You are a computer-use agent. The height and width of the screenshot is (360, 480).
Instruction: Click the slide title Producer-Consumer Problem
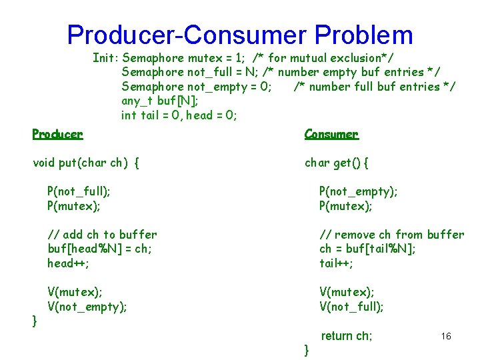point(240,35)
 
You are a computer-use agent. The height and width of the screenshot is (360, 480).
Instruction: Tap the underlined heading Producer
point(58,134)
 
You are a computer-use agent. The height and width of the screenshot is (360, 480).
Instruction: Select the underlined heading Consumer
point(331,134)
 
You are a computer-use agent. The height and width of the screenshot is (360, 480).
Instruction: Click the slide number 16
point(446,336)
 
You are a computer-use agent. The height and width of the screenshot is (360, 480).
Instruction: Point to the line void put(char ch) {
point(86,163)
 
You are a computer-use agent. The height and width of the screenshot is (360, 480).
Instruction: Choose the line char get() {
point(337,163)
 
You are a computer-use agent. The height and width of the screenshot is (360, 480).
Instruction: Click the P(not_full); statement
point(79,191)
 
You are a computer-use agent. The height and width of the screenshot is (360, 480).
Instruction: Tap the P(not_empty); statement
point(359,191)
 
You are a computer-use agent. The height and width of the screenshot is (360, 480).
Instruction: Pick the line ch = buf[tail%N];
point(368,249)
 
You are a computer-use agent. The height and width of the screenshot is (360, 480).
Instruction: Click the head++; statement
point(69,263)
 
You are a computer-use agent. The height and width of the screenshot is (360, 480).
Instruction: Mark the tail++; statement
point(337,263)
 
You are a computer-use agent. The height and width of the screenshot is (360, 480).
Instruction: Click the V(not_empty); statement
point(87,307)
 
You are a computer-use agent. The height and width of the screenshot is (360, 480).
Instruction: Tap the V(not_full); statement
point(352,307)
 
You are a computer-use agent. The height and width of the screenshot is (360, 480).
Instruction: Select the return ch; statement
point(347,336)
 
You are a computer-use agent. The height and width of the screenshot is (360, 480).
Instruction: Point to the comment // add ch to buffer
point(102,235)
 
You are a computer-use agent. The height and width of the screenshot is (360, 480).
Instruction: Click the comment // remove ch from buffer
point(392,235)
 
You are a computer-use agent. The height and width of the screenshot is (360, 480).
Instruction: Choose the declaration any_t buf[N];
point(159,101)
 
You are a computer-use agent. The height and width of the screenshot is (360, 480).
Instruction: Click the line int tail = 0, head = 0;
point(179,115)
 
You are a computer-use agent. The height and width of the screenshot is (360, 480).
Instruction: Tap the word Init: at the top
point(105,58)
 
